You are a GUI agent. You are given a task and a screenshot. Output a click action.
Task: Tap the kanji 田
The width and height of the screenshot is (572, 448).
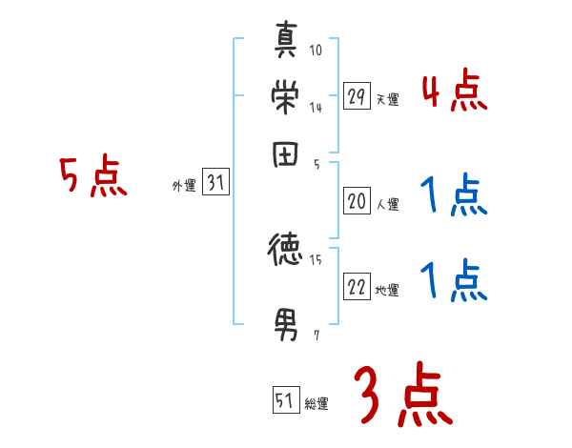tap(286, 154)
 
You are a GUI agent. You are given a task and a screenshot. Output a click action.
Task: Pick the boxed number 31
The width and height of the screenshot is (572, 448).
tap(215, 184)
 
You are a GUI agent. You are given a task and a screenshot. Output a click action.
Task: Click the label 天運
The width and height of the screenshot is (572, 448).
tap(388, 99)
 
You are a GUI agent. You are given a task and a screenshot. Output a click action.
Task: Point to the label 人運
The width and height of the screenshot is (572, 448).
tap(388, 204)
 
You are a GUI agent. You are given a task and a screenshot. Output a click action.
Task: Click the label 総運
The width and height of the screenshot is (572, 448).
tap(317, 404)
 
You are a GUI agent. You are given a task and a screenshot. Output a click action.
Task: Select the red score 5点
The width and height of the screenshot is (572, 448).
tap(93, 176)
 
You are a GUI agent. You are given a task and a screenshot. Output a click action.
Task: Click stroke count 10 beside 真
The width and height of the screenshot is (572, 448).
tap(316, 50)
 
